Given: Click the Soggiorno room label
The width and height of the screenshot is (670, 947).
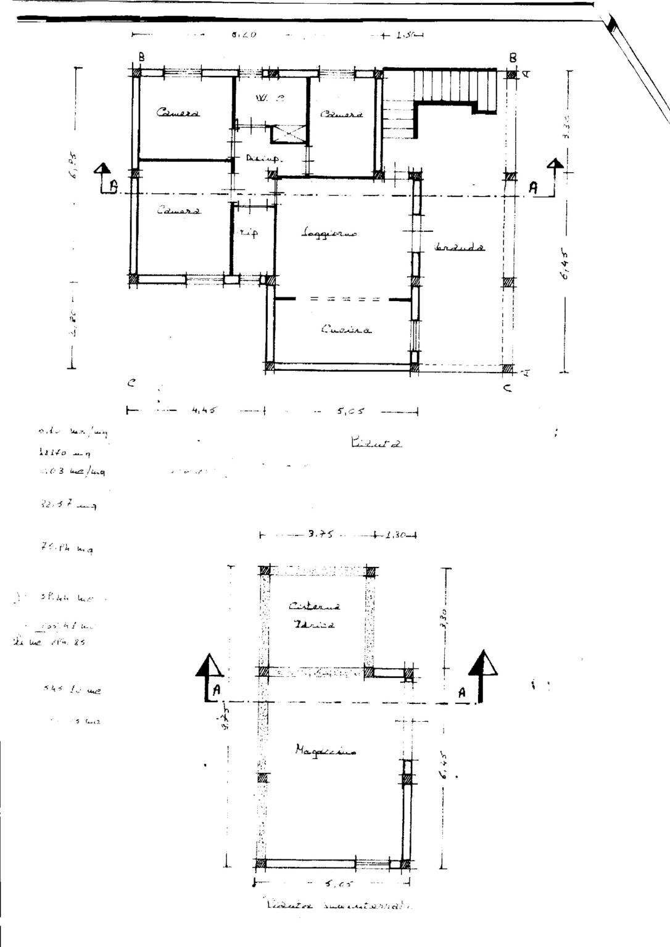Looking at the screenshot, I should pyautogui.click(x=329, y=233).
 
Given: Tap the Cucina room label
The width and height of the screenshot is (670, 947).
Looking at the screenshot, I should pyautogui.click(x=346, y=330).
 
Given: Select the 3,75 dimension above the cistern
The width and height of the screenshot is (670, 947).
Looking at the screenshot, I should pyautogui.click(x=320, y=535).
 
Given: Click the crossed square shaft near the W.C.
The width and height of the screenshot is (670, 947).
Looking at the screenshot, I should pyautogui.click(x=288, y=134).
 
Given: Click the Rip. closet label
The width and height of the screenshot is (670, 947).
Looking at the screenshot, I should pyautogui.click(x=249, y=233).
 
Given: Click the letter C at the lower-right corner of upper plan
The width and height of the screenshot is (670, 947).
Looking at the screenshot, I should pyautogui.click(x=507, y=390).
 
